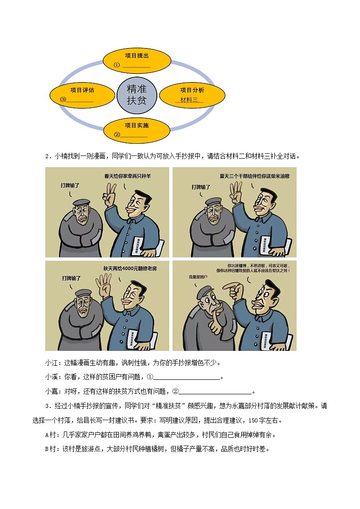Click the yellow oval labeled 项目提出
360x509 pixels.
pyautogui.click(x=136, y=60)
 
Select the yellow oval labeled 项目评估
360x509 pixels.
pyautogui.click(x=82, y=94)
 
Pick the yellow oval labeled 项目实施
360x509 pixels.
pyautogui.click(x=136, y=129)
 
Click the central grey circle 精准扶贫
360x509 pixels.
pyautogui.click(x=136, y=94)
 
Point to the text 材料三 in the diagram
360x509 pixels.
pyautogui.click(x=189, y=100)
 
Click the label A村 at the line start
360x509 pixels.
pyautogui.click(x=50, y=435)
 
